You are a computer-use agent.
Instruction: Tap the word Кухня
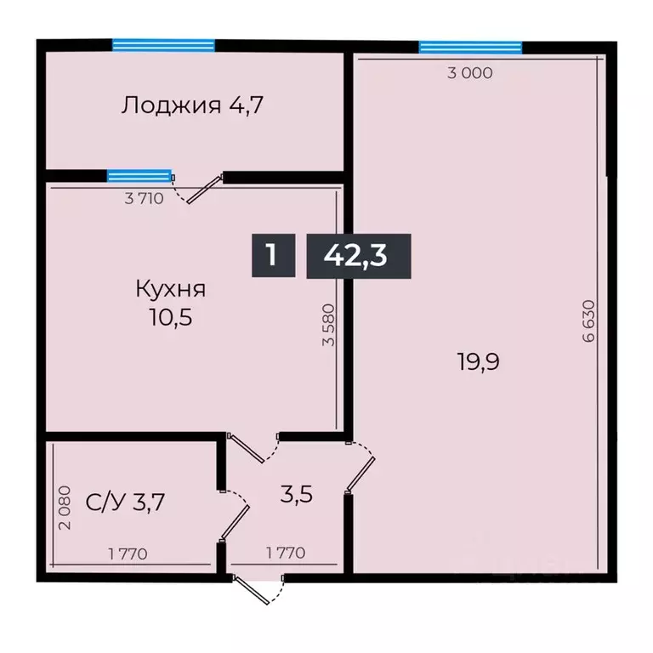(170, 289)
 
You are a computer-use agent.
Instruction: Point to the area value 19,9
(477, 362)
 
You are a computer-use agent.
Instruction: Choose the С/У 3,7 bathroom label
(126, 503)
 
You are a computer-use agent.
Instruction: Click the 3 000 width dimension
(470, 73)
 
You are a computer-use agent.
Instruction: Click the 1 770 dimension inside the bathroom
(128, 554)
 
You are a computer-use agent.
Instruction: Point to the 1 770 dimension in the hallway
(286, 554)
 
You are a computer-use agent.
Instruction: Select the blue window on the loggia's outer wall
(163, 45)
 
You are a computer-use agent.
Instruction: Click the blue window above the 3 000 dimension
(470, 47)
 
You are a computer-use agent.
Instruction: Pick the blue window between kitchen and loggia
(139, 176)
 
